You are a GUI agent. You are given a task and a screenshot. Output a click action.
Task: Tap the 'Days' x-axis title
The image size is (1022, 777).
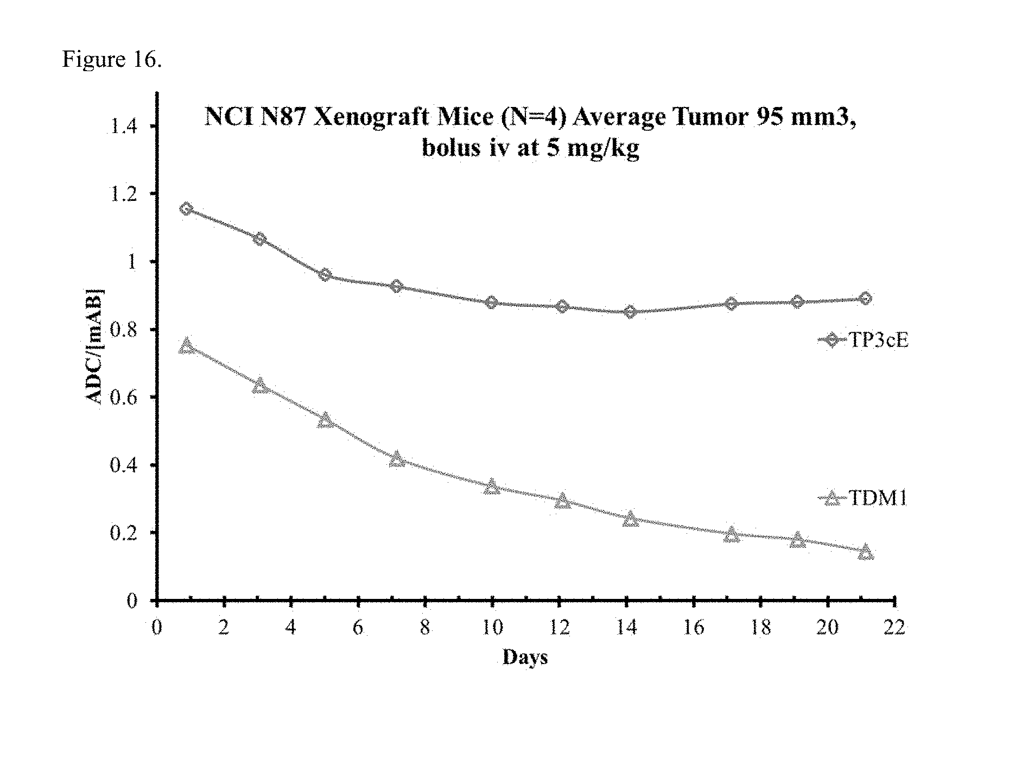[525, 657]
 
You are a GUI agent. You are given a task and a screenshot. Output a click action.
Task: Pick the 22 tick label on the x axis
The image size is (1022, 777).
[894, 628]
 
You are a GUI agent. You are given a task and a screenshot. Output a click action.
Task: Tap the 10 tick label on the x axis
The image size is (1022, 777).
[492, 628]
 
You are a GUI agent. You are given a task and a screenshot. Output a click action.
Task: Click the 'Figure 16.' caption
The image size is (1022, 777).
[112, 59]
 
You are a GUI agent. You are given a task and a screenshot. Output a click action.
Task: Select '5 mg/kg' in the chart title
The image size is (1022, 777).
[592, 148]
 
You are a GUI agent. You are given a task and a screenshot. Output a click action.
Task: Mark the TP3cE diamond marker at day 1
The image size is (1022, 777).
[187, 209]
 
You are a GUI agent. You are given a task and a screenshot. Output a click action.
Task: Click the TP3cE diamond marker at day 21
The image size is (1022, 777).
[866, 298]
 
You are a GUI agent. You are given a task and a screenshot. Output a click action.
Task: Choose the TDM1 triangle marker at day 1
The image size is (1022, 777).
[187, 346]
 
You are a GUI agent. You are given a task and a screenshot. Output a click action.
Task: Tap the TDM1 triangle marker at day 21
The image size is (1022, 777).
[866, 552]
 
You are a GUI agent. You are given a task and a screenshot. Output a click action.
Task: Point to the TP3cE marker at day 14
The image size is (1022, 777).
[630, 312]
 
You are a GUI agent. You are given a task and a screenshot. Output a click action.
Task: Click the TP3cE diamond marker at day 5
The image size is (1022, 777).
[325, 275]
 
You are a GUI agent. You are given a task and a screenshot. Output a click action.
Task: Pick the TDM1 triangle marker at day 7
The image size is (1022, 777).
[397, 459]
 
